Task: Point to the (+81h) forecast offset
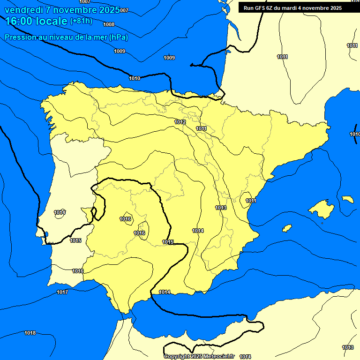pos(81,21)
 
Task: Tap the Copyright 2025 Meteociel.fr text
pos(199,357)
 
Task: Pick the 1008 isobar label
pos(109,24)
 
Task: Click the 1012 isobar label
pos(180,122)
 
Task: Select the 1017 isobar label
pos(62,292)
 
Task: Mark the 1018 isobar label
pos(30,333)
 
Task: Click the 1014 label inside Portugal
pos(59,213)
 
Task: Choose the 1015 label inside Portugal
pos(75,240)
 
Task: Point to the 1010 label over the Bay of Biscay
pos(135,78)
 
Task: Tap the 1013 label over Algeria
pos(348,347)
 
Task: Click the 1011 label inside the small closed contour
pos(251,201)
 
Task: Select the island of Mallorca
pos(321,209)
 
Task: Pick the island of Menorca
pos(348,199)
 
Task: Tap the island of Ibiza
pos(286,228)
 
